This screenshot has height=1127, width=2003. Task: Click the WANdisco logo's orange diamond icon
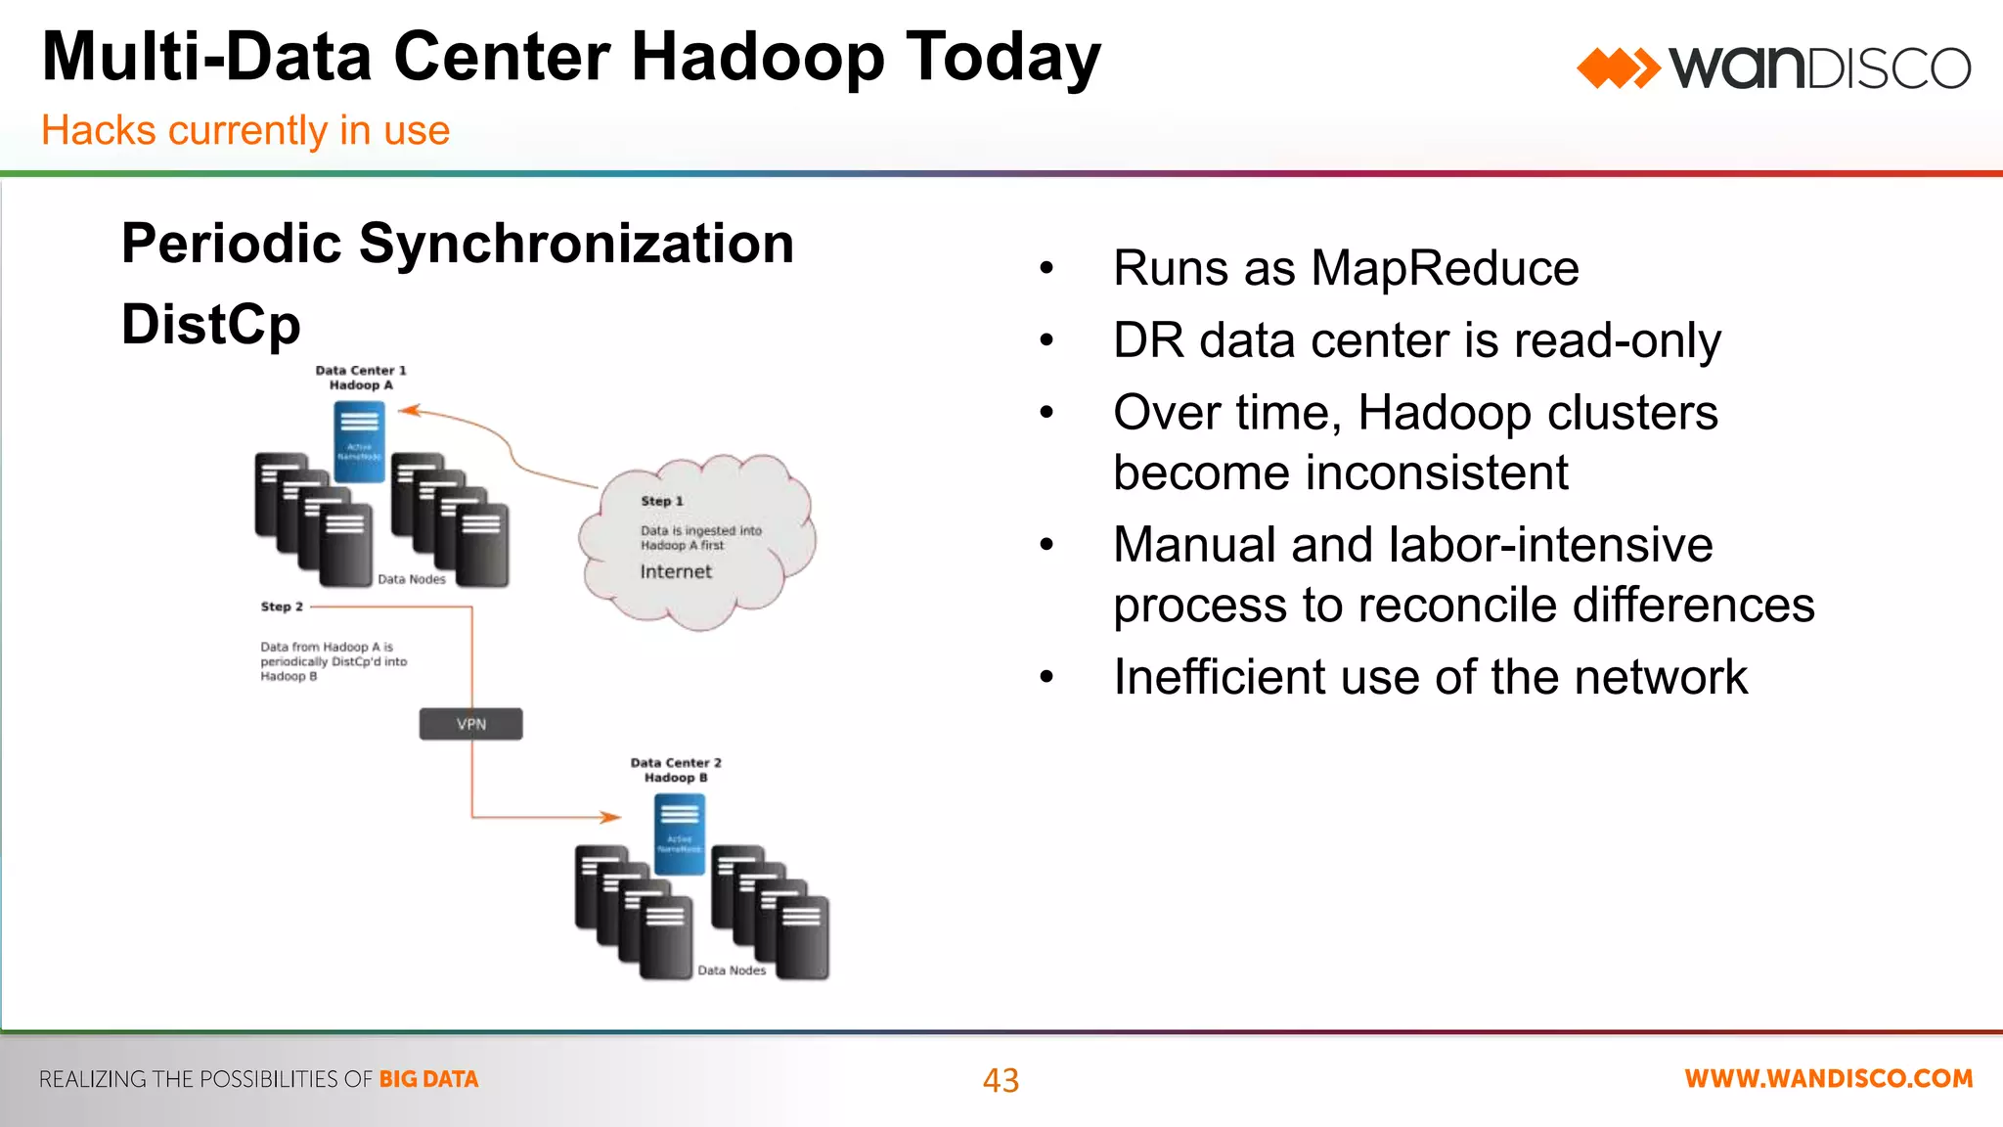(1617, 68)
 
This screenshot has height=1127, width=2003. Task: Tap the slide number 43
(1001, 1080)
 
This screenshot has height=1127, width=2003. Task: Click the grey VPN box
(470, 724)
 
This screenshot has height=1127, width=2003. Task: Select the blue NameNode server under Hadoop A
(359, 442)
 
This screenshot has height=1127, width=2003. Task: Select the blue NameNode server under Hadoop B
(679, 834)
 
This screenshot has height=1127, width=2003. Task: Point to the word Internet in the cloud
(676, 571)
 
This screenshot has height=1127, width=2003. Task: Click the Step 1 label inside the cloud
(662, 501)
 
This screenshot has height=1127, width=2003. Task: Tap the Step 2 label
(282, 607)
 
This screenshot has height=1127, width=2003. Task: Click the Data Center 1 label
(360, 371)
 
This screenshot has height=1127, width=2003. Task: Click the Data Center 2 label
(676, 763)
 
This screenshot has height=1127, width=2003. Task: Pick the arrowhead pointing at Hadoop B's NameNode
(610, 817)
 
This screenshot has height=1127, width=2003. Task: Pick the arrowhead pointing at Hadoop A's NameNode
(409, 411)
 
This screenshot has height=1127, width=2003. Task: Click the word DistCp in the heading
(210, 325)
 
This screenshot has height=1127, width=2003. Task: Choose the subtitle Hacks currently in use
(245, 130)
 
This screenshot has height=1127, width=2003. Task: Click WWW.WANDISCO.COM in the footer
(1828, 1079)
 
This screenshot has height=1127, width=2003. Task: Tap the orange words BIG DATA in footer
(428, 1079)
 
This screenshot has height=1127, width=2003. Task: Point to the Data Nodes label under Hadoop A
(411, 579)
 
